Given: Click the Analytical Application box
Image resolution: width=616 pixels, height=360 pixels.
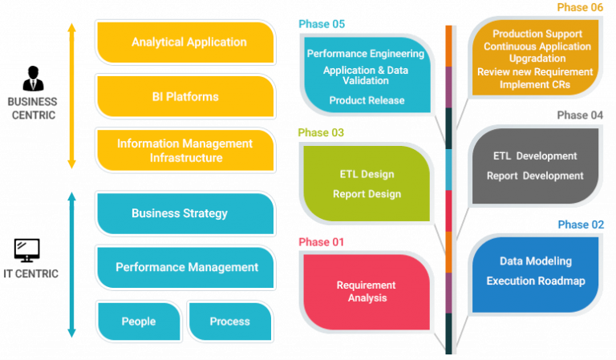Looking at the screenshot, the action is coord(185,42).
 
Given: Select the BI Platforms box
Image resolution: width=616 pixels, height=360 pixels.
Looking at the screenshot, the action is coord(185,96).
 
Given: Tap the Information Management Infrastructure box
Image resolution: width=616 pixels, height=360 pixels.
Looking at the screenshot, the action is coord(185,151).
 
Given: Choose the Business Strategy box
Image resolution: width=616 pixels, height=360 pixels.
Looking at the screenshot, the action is coord(185,213).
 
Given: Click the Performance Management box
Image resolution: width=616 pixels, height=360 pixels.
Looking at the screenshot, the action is coord(185,267).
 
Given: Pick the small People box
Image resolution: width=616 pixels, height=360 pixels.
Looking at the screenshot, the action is coord(139,322).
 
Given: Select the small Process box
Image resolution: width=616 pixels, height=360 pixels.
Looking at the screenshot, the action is coord(230,322).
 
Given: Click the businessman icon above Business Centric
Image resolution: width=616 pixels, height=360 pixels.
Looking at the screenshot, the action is coord(33,79).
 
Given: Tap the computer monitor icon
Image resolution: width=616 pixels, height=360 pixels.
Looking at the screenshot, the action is coord(26,250).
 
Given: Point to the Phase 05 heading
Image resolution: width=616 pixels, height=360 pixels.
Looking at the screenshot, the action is coord(322,24).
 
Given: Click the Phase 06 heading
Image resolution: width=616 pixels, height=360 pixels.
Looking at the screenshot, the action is coord(580,7).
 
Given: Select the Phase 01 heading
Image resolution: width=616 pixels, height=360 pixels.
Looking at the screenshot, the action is coord(322,242).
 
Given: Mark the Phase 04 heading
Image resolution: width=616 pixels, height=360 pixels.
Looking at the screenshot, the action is coord(580,115).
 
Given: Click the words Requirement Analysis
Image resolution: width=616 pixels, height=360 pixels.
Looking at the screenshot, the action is coord(366,291).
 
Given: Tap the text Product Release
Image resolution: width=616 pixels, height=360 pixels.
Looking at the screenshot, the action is coord(367,100).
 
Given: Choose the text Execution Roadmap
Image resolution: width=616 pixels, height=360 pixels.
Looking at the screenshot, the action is coord(536,281).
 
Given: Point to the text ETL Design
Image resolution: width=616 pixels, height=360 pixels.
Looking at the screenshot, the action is coord(367,174).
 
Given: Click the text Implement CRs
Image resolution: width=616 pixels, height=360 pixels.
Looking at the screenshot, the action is coord(535,84).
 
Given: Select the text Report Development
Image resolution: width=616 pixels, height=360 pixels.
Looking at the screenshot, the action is coord(535,176).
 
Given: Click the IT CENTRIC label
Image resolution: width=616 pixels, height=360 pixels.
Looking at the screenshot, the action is coord(30,273).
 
